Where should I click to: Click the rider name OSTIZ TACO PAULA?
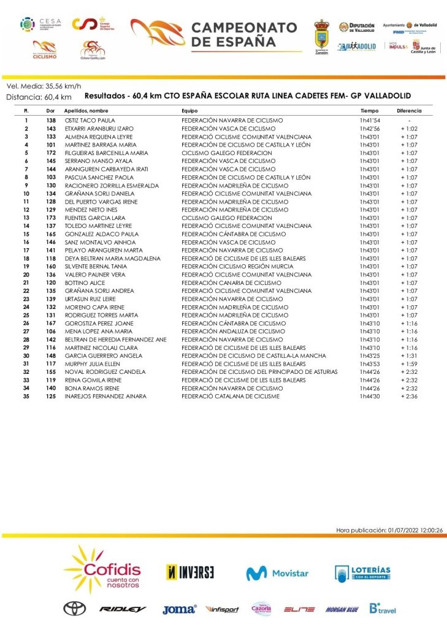[90, 120]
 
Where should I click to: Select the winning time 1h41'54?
[370, 120]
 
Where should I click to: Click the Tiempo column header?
[369, 111]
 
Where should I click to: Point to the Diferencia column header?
[409, 111]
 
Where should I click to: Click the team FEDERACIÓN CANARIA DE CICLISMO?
[231, 283]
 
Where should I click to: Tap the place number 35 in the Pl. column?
[26, 397]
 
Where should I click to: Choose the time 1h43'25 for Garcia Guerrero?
[370, 355]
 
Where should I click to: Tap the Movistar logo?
[277, 573]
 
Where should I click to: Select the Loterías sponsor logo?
[362, 573]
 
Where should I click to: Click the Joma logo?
[179, 609]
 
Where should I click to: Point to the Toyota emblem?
[74, 609]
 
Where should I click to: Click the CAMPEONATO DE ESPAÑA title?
[244, 35]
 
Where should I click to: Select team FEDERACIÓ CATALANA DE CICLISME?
[230, 397]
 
